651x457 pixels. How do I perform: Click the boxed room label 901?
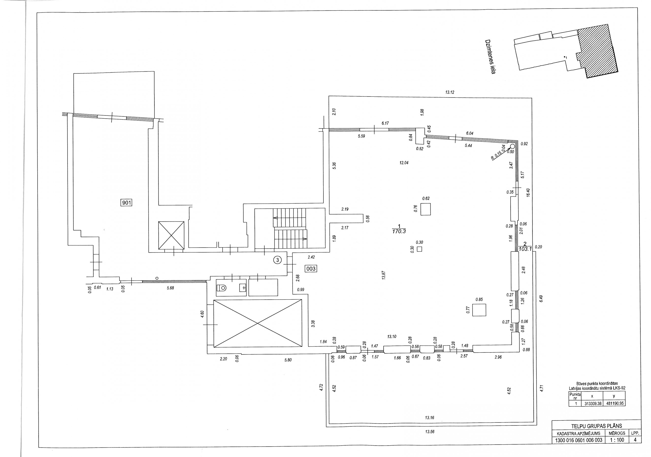[126, 202]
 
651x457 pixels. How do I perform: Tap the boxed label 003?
[311, 268]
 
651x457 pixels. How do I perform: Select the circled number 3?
[278, 260]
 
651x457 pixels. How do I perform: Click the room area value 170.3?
[399, 231]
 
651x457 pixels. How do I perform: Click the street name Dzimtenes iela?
[490, 57]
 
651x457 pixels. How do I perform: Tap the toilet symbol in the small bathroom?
[222, 288]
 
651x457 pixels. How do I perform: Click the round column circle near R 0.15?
[512, 146]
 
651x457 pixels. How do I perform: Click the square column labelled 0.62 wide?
[425, 209]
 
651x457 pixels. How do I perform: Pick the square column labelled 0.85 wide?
[479, 310]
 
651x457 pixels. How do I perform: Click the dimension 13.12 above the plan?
[450, 92]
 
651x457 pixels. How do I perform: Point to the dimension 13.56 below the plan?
[430, 432]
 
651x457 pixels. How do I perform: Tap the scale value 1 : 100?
[617, 440]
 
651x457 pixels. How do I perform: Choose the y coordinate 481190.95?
[614, 403]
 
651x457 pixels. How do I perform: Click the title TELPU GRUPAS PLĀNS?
[597, 426]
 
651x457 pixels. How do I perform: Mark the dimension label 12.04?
[404, 163]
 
